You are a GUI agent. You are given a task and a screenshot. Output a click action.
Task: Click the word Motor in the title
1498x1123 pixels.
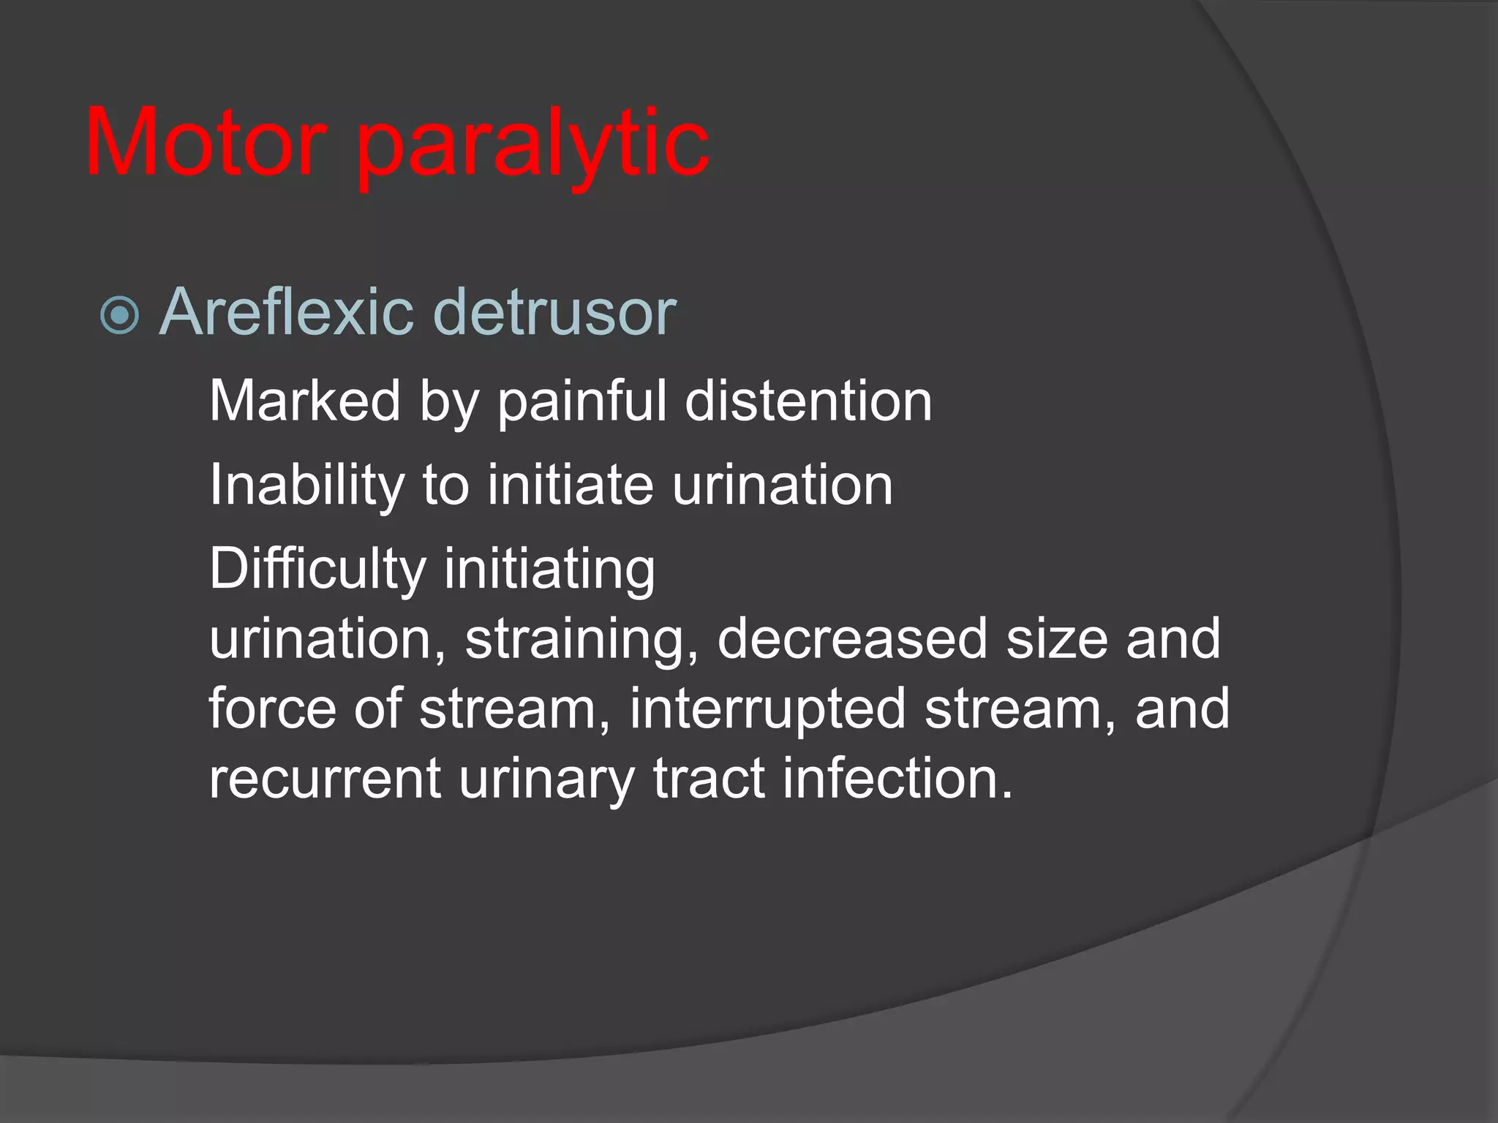206,143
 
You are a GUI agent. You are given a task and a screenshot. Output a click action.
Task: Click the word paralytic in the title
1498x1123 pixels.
532,146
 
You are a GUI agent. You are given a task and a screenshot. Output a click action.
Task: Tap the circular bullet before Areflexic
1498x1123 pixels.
119,315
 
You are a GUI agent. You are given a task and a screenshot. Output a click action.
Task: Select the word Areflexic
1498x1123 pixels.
285,312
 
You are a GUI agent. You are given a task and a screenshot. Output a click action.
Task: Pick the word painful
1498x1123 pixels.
582,402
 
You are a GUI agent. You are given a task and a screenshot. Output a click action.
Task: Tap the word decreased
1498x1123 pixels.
852,638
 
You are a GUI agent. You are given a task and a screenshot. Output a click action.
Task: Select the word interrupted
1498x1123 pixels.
767,709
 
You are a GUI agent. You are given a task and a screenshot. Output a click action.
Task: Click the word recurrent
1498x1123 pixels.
324,778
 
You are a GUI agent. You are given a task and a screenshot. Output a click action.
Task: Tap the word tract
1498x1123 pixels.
708,778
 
